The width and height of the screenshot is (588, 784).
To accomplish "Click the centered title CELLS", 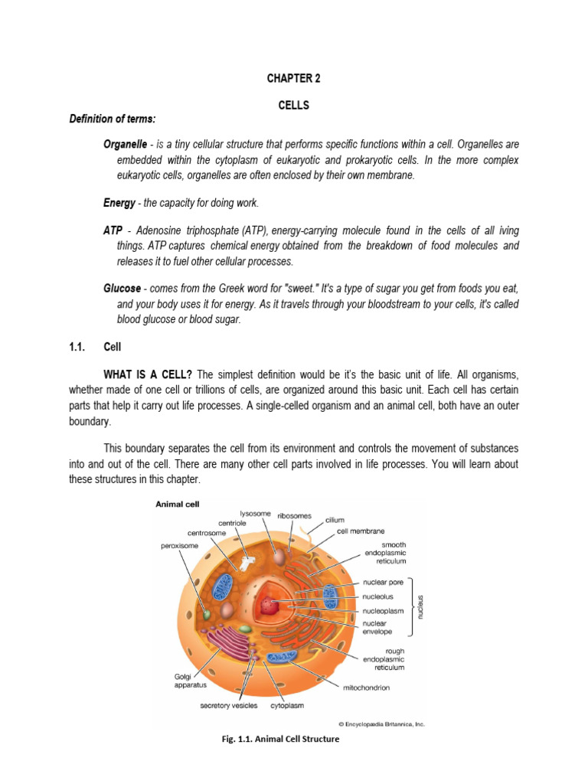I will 293,106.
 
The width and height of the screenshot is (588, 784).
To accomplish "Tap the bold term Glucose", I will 122,288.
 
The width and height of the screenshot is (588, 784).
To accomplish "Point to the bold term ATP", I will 113,230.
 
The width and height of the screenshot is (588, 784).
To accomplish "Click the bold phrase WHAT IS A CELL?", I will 149,374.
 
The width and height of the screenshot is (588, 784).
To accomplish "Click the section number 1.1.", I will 70,347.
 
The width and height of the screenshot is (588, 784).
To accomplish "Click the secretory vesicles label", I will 229,705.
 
